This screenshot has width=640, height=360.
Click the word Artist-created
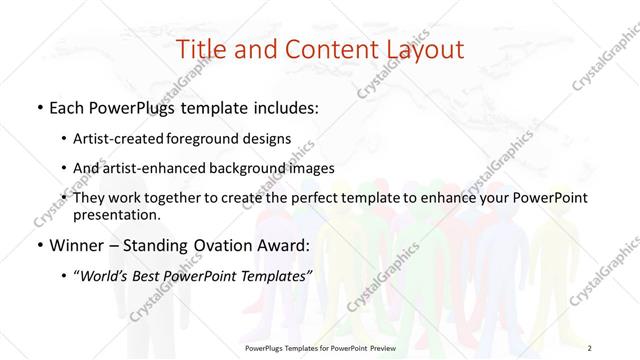[x=128, y=139]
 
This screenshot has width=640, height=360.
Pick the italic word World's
[x=107, y=275]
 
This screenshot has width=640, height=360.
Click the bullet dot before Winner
[x=38, y=245]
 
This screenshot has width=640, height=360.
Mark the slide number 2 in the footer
[x=591, y=346]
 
